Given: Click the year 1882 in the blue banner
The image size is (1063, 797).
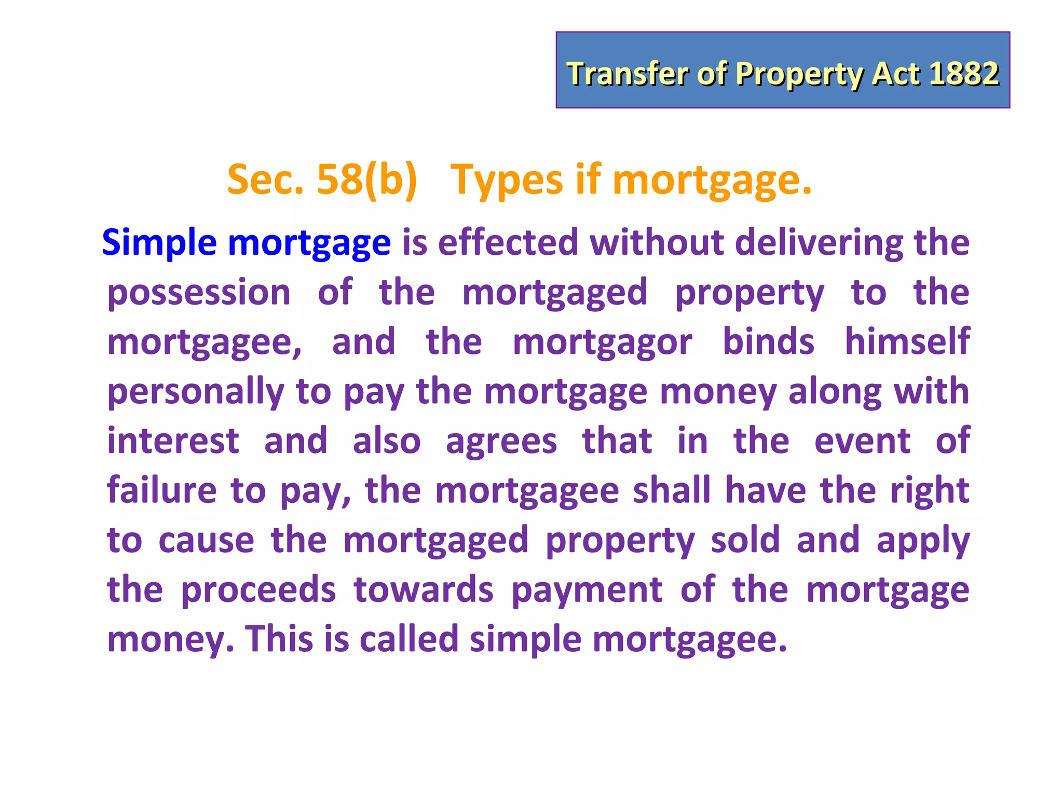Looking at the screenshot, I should (964, 73).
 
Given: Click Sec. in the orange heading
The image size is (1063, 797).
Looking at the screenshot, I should (265, 180).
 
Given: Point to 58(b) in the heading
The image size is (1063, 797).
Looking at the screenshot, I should (366, 180).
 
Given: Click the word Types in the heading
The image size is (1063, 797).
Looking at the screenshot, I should (506, 181).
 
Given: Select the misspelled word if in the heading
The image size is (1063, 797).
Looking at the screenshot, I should (588, 180).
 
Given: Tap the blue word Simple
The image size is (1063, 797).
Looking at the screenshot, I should (159, 243).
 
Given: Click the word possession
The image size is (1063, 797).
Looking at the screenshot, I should (199, 292).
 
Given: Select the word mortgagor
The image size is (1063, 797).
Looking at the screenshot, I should (602, 342).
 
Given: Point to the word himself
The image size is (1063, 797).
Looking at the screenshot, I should (907, 341).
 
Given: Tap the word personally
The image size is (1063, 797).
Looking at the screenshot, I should (196, 391).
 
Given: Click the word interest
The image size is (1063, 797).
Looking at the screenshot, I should (173, 441).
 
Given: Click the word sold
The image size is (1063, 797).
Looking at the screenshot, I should (745, 540).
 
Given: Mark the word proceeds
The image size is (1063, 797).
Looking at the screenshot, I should (258, 590).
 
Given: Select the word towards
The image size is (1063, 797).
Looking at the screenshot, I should (424, 589).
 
